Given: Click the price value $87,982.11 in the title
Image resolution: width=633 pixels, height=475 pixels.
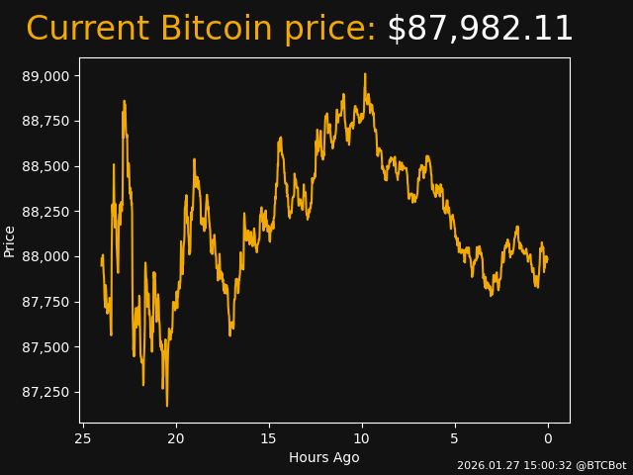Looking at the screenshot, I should tap(480, 30).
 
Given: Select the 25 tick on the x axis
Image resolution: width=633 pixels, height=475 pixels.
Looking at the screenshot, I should tap(83, 438).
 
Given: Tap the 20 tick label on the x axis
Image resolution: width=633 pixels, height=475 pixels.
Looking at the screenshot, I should tap(176, 438).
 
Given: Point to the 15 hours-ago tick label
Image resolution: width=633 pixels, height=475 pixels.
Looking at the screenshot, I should tap(269, 438).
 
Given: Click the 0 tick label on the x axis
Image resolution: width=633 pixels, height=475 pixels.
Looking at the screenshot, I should tap(548, 438).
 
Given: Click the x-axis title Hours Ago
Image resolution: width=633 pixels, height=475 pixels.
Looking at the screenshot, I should tap(323, 457).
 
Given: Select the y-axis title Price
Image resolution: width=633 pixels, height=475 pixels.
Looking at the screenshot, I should tap(10, 240).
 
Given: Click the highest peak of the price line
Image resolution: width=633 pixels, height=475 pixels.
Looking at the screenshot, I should tap(365, 74).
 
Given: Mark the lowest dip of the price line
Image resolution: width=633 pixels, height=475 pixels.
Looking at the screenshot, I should tap(167, 405).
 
